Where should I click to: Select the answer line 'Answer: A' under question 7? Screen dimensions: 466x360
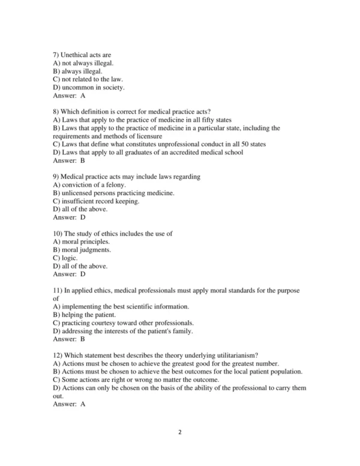[x=69, y=95]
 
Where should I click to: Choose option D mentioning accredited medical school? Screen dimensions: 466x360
[x=148, y=152]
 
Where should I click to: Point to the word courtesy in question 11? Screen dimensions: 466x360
[x=107, y=322]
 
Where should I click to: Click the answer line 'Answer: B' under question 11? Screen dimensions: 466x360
[x=69, y=339]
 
